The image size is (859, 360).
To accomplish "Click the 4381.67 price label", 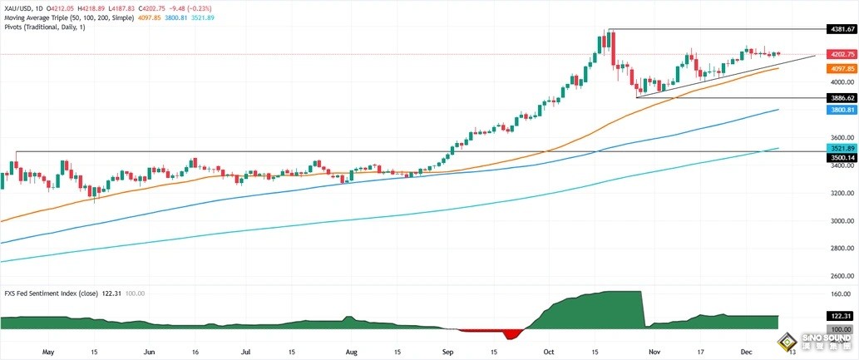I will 842,29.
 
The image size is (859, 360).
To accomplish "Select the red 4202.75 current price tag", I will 842,54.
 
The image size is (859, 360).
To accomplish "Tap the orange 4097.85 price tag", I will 842,69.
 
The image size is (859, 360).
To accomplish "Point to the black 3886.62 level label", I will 842,97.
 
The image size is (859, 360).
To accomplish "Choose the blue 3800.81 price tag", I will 842,109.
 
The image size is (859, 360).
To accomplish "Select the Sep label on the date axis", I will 448,352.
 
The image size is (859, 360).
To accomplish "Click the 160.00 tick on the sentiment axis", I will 839,294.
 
